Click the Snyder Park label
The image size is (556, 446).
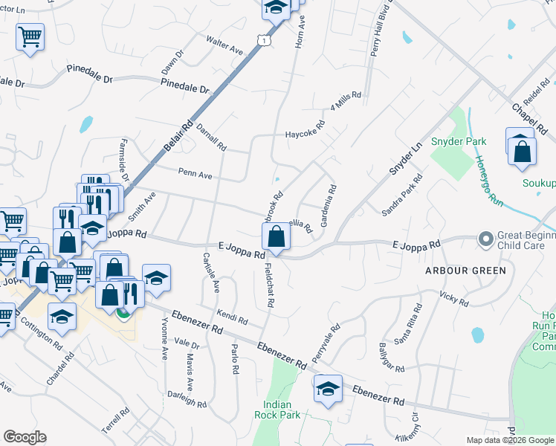coord(459,141)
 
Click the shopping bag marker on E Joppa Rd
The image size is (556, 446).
coord(276,237)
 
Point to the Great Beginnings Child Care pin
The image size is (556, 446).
coord(486,239)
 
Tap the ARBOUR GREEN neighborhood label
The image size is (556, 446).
coord(465,271)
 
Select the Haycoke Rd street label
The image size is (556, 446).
coord(305,135)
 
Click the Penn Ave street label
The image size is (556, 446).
coord(195,175)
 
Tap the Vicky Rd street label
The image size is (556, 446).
coord(453,299)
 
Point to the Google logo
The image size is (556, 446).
coord(25,437)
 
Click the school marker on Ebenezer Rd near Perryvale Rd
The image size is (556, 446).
coord(327,389)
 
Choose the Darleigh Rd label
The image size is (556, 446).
coord(187,399)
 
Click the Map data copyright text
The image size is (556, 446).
coord(510,441)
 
